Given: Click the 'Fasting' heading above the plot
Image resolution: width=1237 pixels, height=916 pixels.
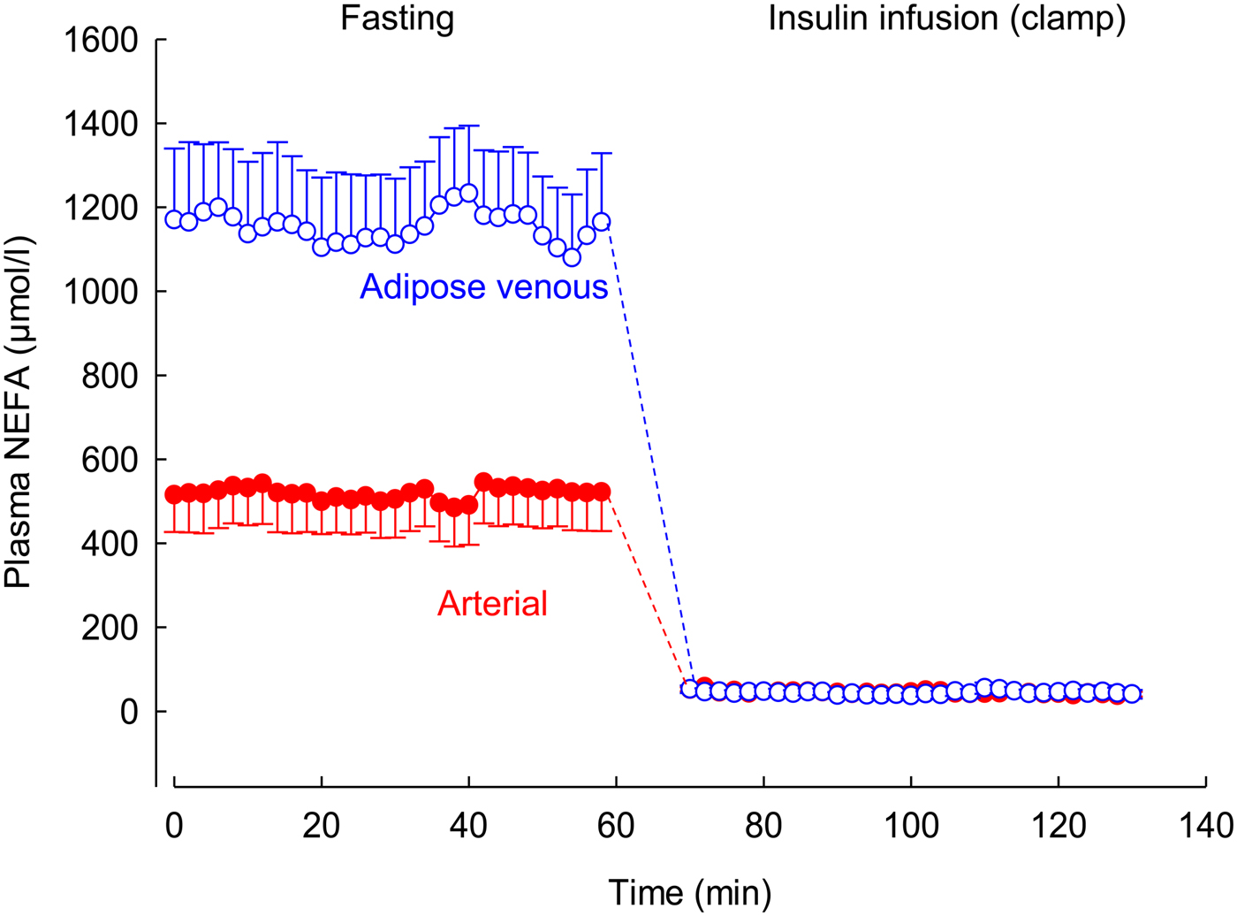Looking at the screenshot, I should (x=398, y=18).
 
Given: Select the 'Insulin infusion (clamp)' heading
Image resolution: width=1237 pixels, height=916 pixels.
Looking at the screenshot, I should (x=946, y=18).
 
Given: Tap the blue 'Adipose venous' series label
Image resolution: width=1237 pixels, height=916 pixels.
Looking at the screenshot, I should (x=483, y=286).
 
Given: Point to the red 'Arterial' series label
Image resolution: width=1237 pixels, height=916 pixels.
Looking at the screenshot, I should (x=492, y=604).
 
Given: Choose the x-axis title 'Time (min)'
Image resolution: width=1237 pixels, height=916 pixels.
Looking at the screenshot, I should (x=689, y=893).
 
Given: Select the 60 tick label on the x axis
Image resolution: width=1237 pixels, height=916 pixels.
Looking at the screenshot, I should (x=616, y=826).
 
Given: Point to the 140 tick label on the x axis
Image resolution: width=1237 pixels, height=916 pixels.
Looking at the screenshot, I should (x=1206, y=826).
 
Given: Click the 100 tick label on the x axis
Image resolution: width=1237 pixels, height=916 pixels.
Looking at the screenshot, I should (x=911, y=826).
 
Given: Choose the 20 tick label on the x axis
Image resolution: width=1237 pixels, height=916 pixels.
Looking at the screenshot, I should (x=322, y=826).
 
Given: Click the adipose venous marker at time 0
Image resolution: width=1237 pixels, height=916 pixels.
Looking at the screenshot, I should (x=174, y=219).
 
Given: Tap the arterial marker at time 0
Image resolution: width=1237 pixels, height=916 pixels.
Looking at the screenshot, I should (x=174, y=494).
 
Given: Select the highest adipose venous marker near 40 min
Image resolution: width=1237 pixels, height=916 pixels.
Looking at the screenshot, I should (x=469, y=193).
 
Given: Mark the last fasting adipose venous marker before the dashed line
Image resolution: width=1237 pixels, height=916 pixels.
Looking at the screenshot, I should (x=602, y=222).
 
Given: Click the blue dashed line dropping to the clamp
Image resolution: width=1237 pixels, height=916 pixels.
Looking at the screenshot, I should (x=649, y=460).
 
